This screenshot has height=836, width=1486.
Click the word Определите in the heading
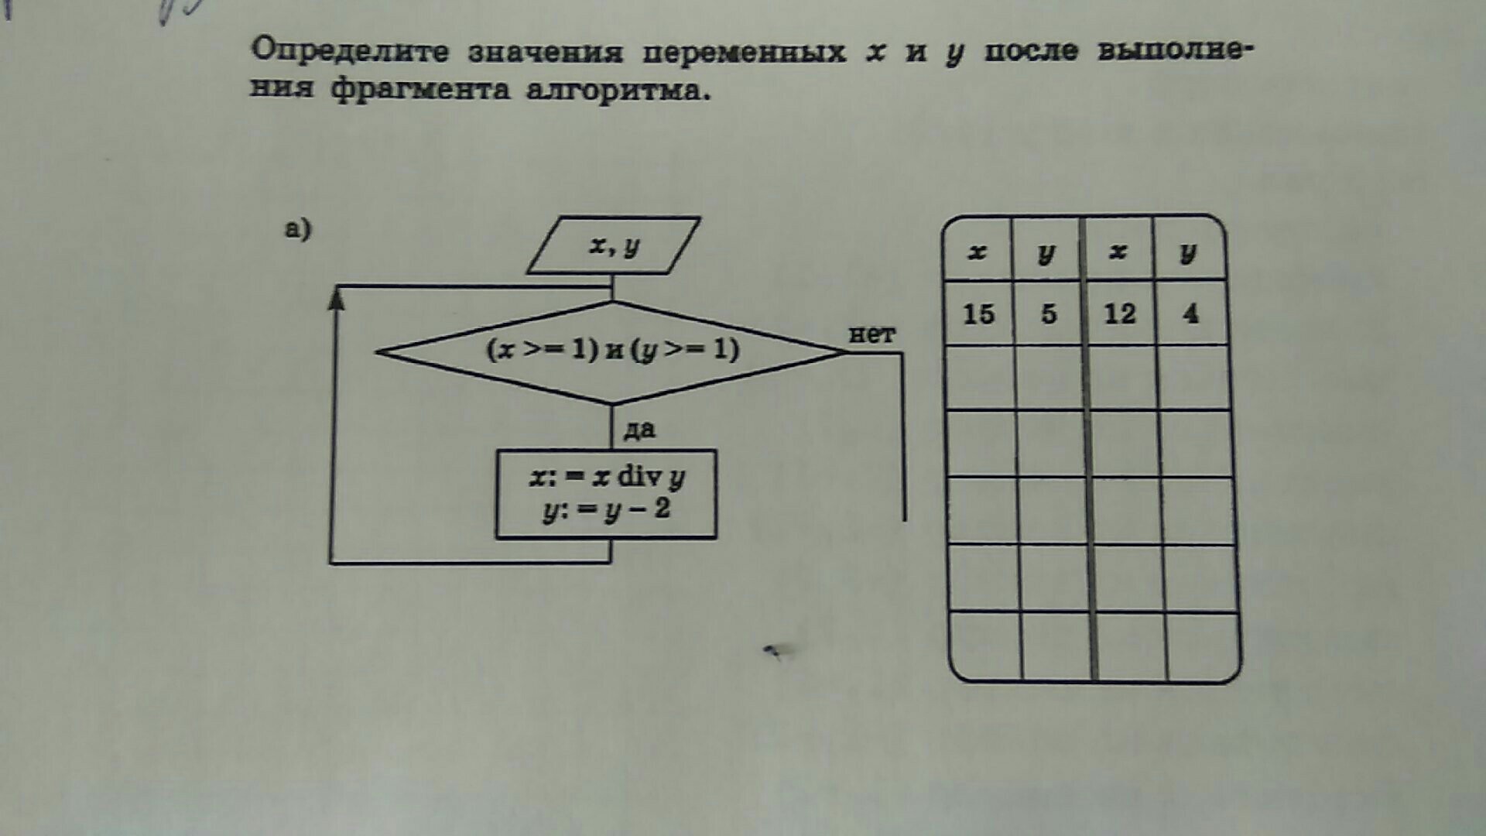coord(349,51)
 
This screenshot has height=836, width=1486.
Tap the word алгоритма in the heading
coord(617,91)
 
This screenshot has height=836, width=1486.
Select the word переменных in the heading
coord(744,53)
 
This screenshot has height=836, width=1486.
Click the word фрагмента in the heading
coord(420,90)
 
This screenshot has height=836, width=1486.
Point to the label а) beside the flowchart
coord(298,229)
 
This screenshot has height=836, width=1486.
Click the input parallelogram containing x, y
coord(614,245)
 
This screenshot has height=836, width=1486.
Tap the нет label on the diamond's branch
coord(871,334)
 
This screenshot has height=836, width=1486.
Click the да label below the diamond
coord(639,429)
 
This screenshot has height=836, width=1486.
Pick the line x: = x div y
coord(607,477)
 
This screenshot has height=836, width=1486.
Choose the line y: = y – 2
coord(607,510)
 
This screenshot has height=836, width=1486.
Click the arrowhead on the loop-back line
coord(336,298)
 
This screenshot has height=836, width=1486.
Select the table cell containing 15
coord(978,313)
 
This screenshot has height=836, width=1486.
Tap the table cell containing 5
coord(1048,313)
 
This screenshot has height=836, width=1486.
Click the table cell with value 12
coord(1119,313)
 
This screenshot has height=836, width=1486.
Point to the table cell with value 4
coord(1190,313)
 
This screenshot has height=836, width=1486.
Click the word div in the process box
coord(639,476)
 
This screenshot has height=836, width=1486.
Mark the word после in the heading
coord(1031,51)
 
